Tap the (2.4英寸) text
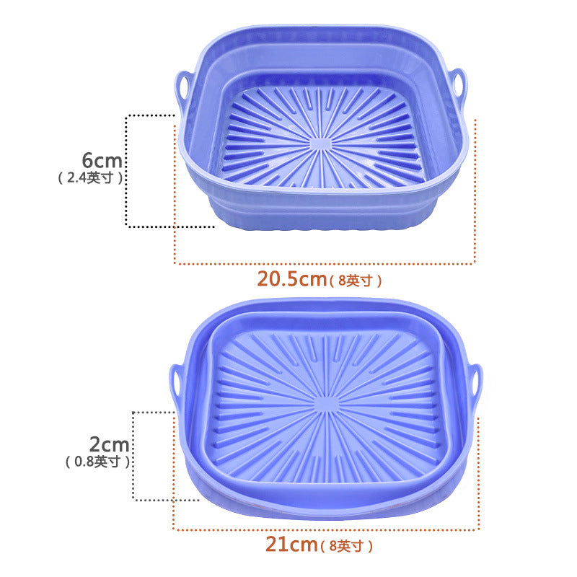pyautogui.click(x=89, y=177)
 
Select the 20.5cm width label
pyautogui.click(x=291, y=278)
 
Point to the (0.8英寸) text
pyautogui.click(x=97, y=462)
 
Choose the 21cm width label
pyautogui.click(x=291, y=545)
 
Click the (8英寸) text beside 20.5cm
pyautogui.click(x=355, y=281)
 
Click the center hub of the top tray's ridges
pyautogui.click(x=321, y=143)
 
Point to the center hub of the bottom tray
pyautogui.click(x=327, y=404)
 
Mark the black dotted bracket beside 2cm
pyautogui.click(x=133, y=454)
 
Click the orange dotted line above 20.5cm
pyautogui.click(x=325, y=263)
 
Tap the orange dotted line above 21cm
pyautogui.click(x=325, y=530)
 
